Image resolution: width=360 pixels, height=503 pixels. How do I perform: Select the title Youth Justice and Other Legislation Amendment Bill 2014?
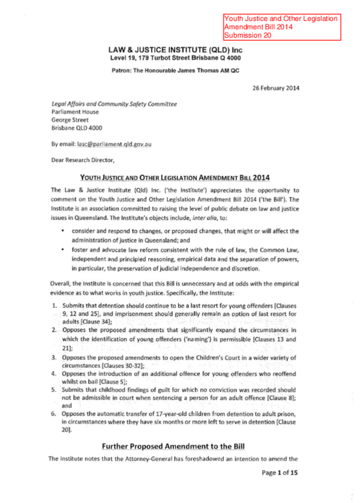[175, 177]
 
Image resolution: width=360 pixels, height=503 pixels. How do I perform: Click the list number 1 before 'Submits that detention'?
[55, 306]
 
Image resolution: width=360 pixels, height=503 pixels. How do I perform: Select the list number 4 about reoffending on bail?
[55, 373]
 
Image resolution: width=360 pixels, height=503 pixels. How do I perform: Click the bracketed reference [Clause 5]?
[104, 381]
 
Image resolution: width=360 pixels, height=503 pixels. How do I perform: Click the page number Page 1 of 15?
[279, 473]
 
